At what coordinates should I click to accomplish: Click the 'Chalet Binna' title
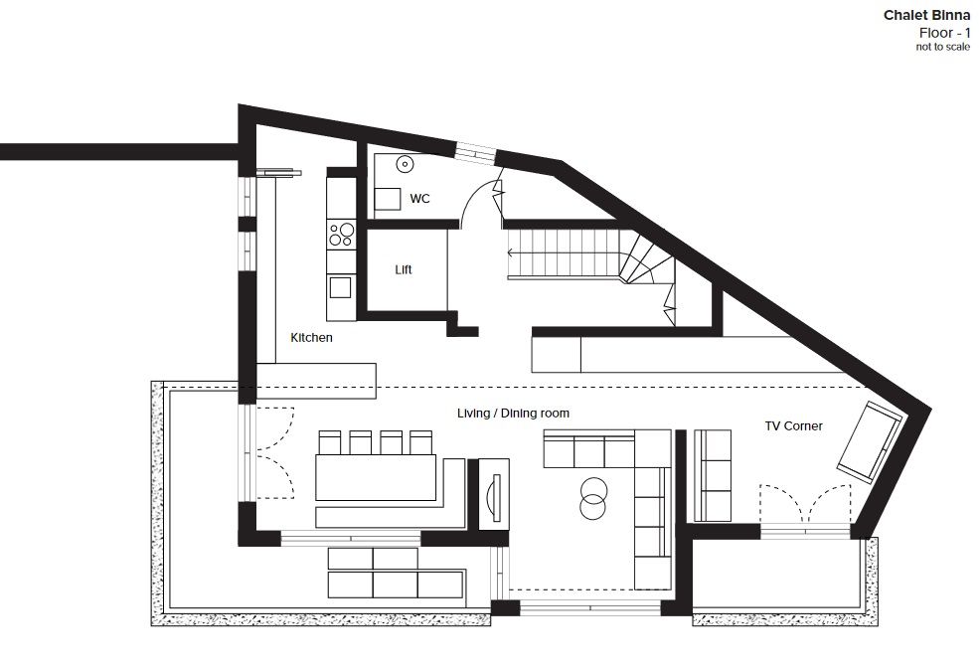(x=926, y=15)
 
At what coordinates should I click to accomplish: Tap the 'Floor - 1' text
(x=944, y=33)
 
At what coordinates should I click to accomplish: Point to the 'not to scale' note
(x=943, y=47)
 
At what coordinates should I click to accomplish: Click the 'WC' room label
(x=419, y=199)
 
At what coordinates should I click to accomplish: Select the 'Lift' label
(x=404, y=269)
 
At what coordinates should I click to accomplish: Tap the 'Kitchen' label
(x=311, y=337)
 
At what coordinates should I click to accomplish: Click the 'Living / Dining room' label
(x=513, y=413)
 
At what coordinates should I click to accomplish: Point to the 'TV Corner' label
(x=793, y=426)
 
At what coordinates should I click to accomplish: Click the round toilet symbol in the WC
(x=405, y=165)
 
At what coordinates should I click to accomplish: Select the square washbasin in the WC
(x=387, y=199)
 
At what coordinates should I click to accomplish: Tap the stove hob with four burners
(x=342, y=235)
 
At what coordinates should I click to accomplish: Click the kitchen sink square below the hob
(x=340, y=288)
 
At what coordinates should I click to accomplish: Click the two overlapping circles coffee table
(x=592, y=498)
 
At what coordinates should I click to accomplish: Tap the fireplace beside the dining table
(x=494, y=494)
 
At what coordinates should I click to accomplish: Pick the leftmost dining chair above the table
(x=330, y=442)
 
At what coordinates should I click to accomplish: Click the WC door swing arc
(x=473, y=197)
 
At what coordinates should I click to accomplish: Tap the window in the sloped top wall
(x=476, y=153)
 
